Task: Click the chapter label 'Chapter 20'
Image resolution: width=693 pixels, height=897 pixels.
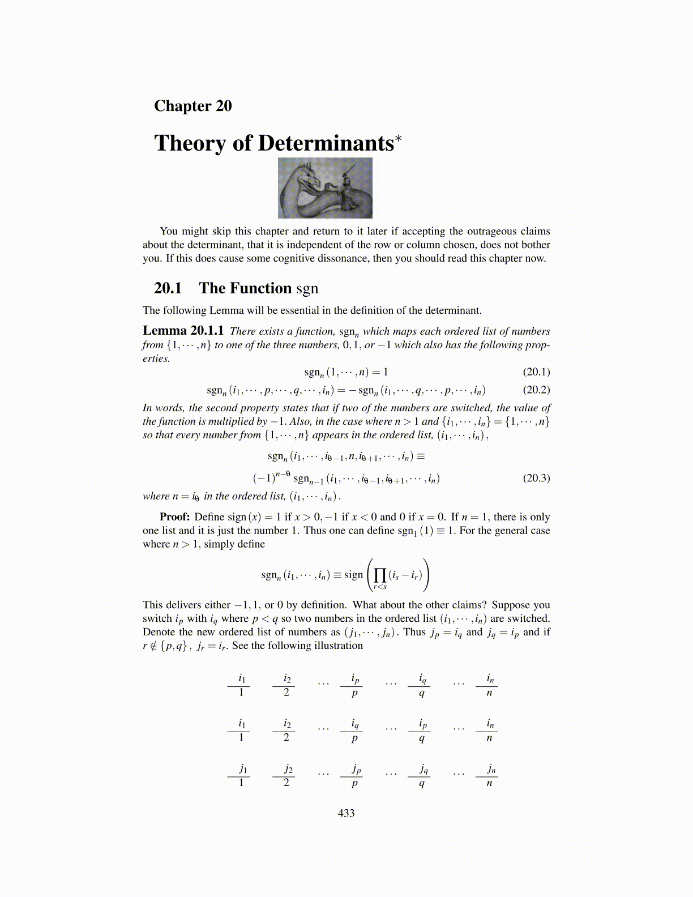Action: (x=192, y=106)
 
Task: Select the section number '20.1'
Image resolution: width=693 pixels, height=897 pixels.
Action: (x=168, y=288)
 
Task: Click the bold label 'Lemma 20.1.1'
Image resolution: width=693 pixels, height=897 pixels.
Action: (x=183, y=331)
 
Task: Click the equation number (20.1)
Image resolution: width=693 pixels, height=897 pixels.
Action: (x=536, y=372)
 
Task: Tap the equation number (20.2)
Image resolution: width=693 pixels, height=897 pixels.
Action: (x=536, y=390)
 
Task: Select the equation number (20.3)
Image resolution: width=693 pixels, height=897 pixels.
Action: (x=536, y=478)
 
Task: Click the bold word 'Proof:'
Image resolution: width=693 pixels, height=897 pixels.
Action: (x=174, y=517)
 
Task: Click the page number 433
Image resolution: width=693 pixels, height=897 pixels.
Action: (x=346, y=813)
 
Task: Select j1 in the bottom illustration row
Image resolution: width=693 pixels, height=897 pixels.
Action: (x=242, y=769)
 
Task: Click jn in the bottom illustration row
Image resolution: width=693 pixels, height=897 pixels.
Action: (x=490, y=769)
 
